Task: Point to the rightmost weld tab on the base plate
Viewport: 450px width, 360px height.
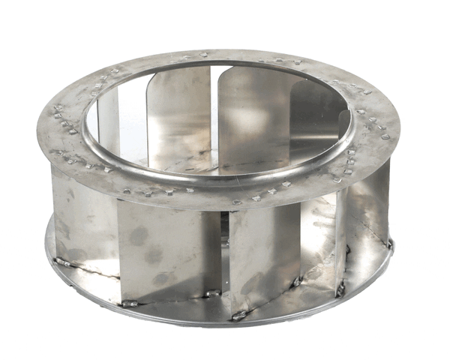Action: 390,244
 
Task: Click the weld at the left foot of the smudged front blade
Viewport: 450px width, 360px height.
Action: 129,304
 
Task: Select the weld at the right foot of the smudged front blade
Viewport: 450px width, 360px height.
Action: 212,293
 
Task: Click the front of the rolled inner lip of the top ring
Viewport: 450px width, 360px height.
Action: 217,178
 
